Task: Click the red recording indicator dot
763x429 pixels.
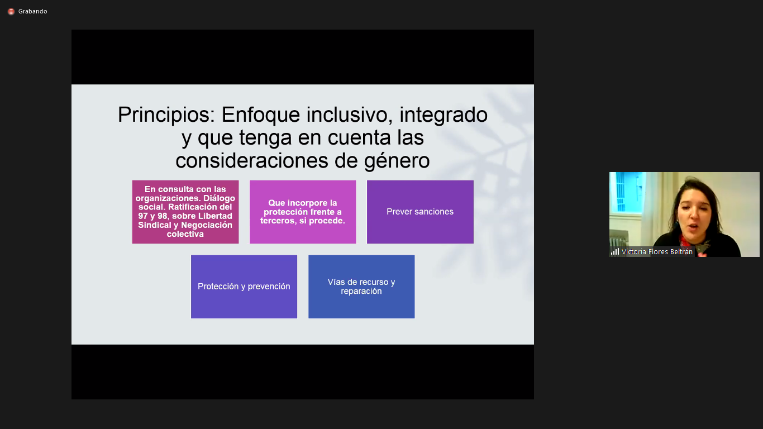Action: pos(11,12)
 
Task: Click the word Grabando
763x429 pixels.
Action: pos(33,11)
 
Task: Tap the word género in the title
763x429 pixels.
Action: pos(397,161)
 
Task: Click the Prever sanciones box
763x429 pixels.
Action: pos(420,212)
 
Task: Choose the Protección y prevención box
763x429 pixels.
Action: pos(244,287)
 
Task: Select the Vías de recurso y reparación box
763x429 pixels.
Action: pos(361,287)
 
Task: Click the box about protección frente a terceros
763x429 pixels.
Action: pos(303,212)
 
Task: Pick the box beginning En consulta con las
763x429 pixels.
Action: pos(185,212)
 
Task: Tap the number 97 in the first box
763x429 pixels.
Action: pos(143,216)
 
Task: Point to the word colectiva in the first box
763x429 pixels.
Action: pos(185,234)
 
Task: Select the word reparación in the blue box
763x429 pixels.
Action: pos(361,292)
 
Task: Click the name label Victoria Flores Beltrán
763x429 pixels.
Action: pos(657,252)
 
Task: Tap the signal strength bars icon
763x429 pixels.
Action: pos(615,252)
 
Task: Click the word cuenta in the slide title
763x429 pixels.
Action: pos(361,137)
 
